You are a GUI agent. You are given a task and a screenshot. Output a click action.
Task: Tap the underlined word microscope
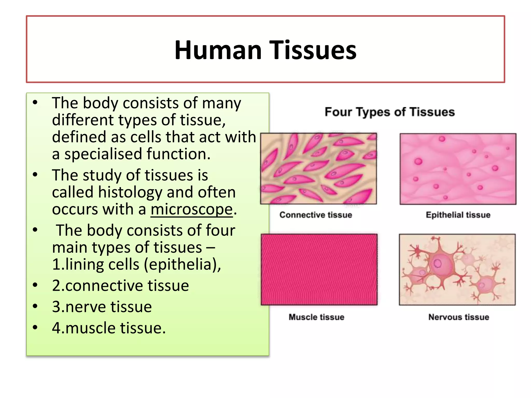(x=192, y=209)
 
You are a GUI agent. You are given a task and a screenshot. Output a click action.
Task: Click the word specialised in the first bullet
(x=104, y=154)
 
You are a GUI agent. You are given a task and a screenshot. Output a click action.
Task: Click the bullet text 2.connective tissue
(x=120, y=286)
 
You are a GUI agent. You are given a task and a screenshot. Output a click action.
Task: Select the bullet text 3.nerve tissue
(x=102, y=307)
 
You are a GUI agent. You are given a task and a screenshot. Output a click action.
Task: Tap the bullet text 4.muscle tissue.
(x=109, y=328)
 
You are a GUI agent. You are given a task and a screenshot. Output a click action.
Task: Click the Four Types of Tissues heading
(x=389, y=112)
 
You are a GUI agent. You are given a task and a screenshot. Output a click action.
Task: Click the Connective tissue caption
(x=316, y=215)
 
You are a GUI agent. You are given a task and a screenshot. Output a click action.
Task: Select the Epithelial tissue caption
(x=458, y=215)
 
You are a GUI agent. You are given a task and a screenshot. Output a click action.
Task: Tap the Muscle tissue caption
(x=316, y=317)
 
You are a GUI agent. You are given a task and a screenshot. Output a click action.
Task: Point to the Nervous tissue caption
(x=458, y=317)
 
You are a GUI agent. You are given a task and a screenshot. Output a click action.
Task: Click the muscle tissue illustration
(x=319, y=269)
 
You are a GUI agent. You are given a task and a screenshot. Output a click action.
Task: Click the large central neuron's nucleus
(x=438, y=264)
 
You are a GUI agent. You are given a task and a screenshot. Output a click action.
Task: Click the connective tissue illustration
(x=318, y=168)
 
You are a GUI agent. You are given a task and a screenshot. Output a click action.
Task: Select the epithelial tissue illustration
(x=458, y=169)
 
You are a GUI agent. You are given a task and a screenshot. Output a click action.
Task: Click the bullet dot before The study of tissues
(x=35, y=175)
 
